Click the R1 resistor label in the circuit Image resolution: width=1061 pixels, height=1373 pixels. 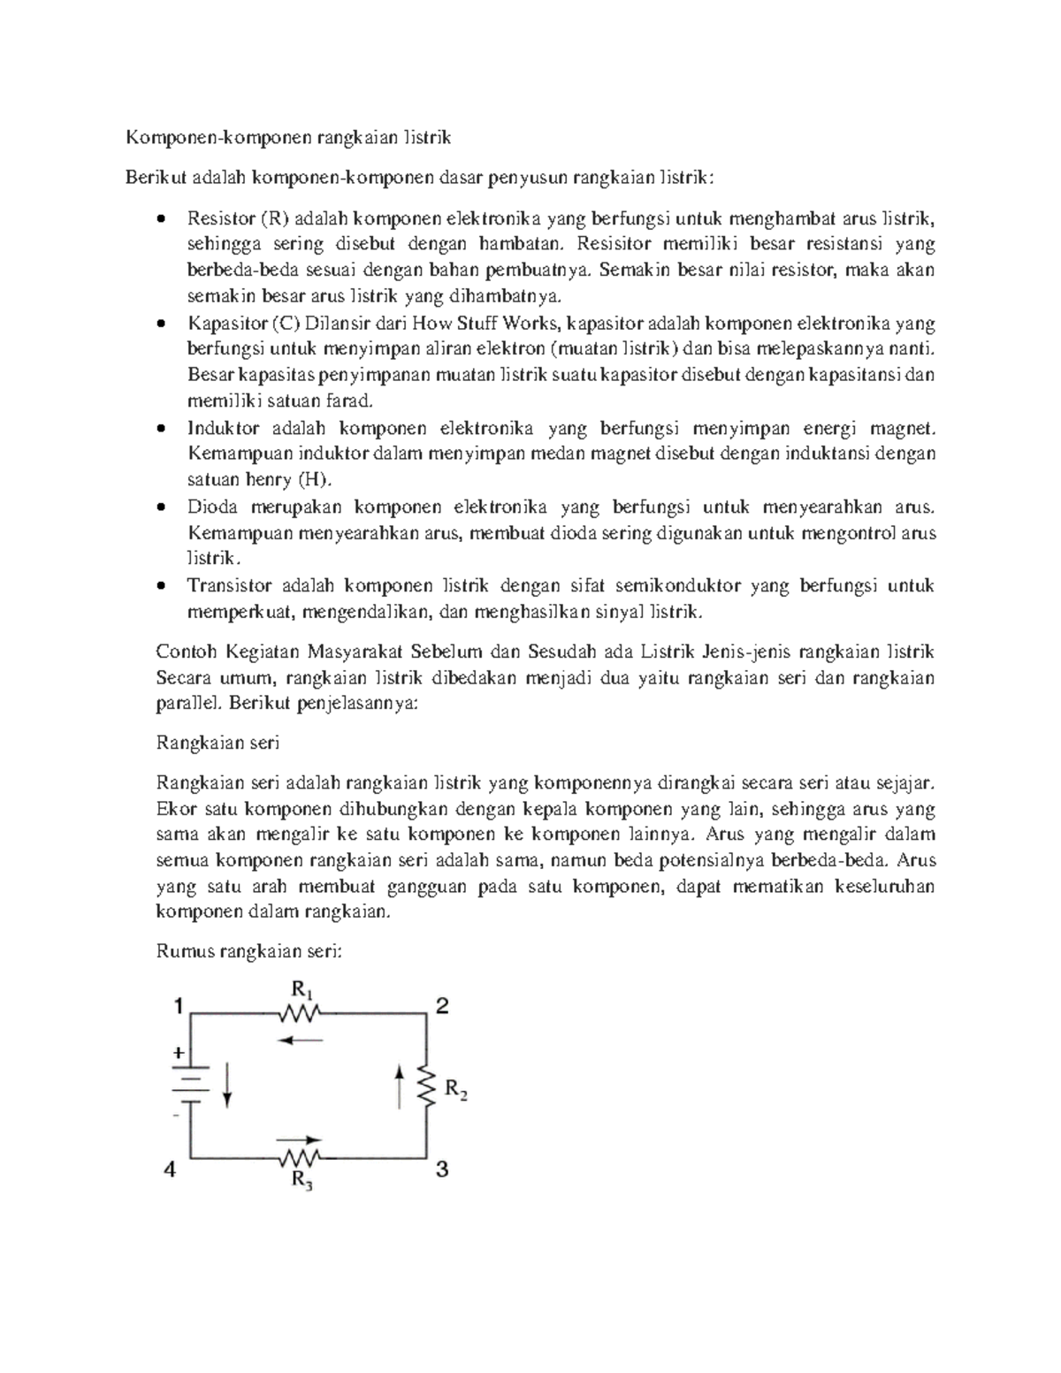302,988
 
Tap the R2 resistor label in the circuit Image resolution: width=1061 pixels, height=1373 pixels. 455,1089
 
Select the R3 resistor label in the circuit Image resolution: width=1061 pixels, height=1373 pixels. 302,1181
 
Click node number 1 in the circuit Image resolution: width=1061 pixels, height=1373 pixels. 179,1006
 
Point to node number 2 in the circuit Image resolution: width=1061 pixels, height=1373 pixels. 442,1006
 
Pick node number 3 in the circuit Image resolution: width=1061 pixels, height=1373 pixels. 442,1170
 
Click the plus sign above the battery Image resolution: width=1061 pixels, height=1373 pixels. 179,1053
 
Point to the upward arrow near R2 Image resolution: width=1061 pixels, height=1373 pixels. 400,1086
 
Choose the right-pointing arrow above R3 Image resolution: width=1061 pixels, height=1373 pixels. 301,1140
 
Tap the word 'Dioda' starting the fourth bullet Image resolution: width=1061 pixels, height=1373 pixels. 212,507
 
